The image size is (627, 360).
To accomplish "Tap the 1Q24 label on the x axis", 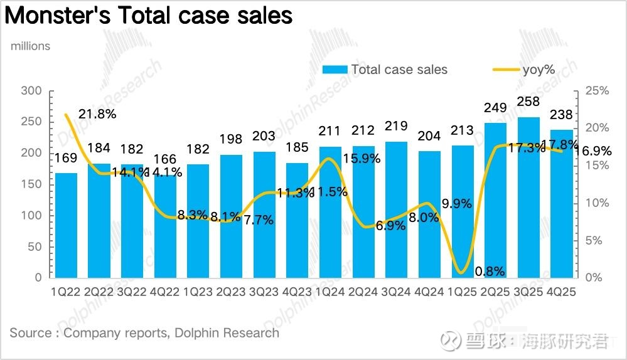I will click(x=330, y=292).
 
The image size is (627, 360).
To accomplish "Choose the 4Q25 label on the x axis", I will click(x=562, y=292).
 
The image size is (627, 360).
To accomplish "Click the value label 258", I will click(x=528, y=102).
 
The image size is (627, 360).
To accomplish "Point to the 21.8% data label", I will click(x=97, y=114).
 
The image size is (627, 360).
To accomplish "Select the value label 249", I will click(x=495, y=109).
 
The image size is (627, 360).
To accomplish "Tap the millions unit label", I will click(x=30, y=46).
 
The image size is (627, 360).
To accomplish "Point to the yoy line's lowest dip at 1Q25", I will click(x=462, y=272).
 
